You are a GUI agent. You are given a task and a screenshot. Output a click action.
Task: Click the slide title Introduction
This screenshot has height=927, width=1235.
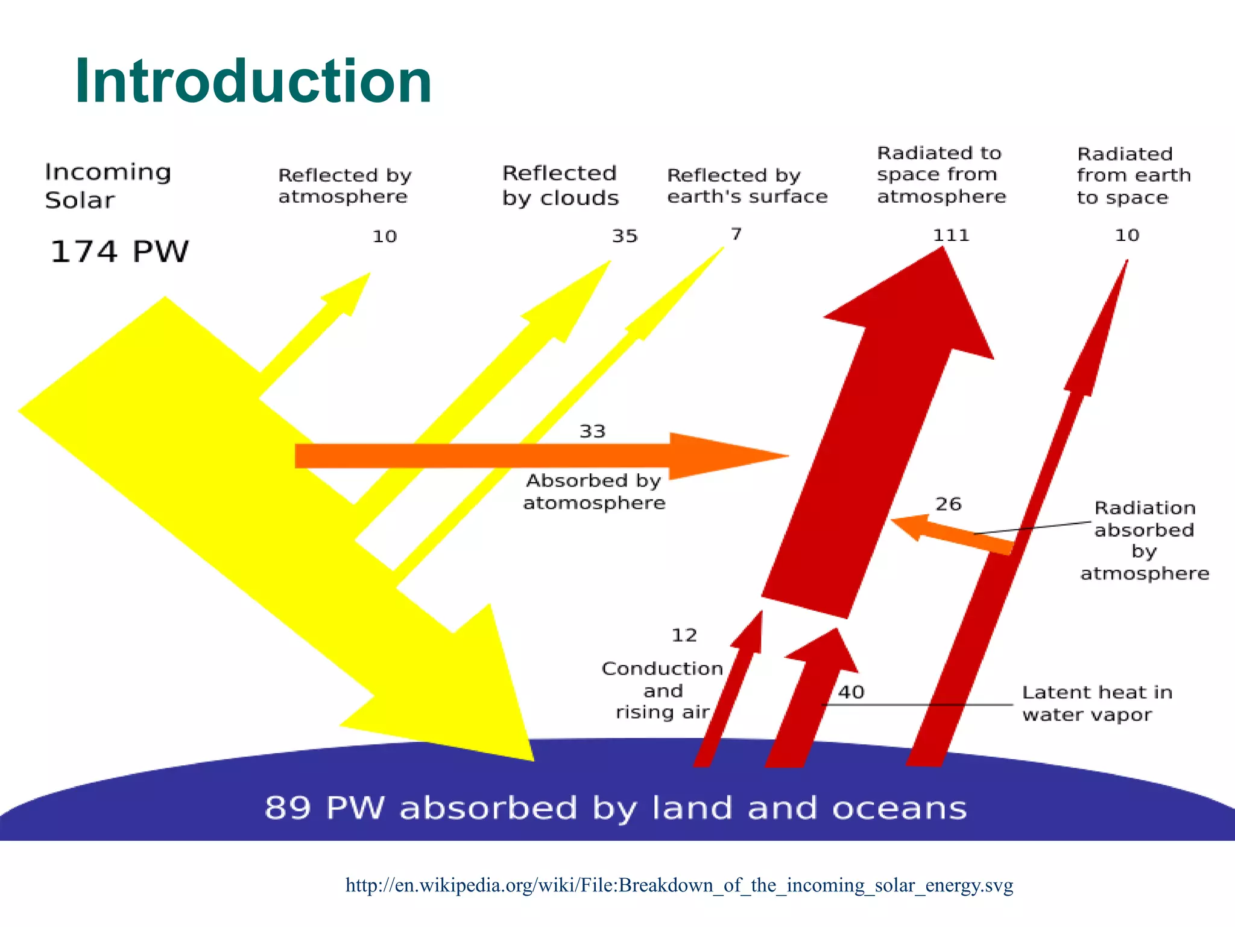(253, 81)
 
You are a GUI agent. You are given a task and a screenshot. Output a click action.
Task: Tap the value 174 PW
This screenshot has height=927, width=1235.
(119, 252)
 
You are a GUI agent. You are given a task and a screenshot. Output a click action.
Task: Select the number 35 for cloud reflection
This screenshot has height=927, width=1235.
(625, 236)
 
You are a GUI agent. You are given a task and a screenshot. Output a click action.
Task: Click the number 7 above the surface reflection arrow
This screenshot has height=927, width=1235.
(736, 234)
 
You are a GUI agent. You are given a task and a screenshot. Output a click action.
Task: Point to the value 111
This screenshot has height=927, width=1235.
(951, 235)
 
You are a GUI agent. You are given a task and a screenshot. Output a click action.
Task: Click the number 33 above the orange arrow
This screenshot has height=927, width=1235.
(592, 432)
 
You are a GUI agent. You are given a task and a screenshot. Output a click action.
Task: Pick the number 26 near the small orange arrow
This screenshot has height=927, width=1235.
(948, 504)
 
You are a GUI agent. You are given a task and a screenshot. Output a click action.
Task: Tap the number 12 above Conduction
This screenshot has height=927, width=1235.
(684, 635)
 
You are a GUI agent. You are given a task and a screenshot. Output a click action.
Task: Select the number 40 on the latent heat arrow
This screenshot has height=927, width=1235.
(851, 692)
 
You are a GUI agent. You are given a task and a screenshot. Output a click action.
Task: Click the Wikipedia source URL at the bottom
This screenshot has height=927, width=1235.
(679, 885)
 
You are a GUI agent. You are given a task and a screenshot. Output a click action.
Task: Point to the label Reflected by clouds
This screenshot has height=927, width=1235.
(560, 186)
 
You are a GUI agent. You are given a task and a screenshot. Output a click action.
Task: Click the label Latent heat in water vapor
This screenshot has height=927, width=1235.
(1097, 703)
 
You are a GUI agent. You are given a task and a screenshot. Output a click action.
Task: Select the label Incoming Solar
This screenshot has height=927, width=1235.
(107, 186)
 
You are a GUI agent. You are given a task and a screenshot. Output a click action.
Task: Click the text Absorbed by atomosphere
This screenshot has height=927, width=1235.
(594, 491)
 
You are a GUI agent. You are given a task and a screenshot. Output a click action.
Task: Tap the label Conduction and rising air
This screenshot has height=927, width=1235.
(662, 690)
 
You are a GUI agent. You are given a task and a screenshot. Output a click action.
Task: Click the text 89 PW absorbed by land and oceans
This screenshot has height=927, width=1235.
(615, 808)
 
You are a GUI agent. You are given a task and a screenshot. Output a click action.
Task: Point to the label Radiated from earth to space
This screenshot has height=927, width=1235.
(1133, 176)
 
